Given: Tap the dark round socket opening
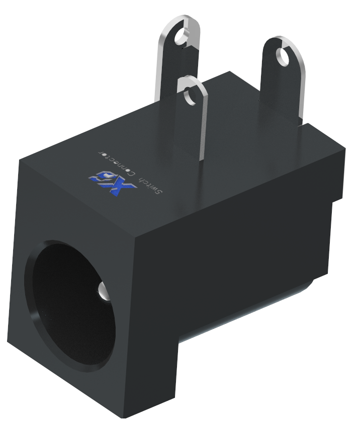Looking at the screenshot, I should pos(70,297).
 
